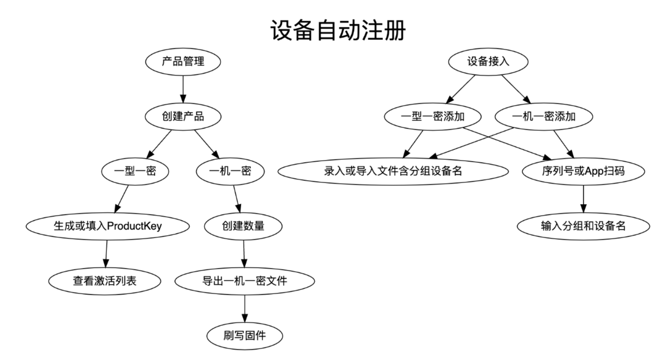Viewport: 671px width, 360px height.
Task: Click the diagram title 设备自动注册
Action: tap(338, 30)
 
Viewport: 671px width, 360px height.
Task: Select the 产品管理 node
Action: tap(182, 62)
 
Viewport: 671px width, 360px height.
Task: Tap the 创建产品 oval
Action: tap(182, 116)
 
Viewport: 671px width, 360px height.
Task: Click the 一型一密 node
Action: tap(135, 171)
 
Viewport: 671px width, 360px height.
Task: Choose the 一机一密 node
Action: tap(230, 171)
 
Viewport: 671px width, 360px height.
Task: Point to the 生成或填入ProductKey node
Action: tap(107, 226)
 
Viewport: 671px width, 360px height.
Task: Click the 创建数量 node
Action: tap(243, 226)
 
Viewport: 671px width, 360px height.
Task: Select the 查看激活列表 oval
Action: tap(104, 281)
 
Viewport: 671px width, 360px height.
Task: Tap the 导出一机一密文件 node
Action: tap(244, 281)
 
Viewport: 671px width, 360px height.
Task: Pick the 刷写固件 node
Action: tap(244, 335)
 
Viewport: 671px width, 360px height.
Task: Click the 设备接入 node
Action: tap(488, 62)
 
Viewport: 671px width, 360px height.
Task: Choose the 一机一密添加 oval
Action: tap(544, 116)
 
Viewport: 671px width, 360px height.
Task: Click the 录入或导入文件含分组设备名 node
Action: tap(393, 171)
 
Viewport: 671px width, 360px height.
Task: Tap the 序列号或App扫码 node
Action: tap(583, 171)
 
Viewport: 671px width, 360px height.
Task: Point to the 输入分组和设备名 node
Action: tap(583, 226)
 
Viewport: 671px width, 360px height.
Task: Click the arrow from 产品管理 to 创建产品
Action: tap(182, 89)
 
